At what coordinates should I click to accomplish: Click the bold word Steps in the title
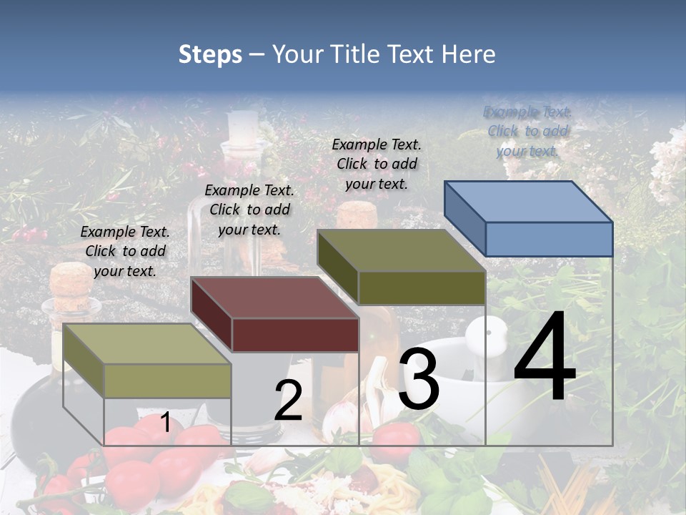(210, 54)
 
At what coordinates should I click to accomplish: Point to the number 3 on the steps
(419, 379)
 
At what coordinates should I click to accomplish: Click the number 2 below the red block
(288, 401)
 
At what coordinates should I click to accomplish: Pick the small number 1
(165, 423)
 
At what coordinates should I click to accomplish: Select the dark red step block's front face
(295, 335)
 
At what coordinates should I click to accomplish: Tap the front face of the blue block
(549, 239)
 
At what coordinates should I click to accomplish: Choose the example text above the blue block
(528, 132)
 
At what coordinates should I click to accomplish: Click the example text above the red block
(249, 210)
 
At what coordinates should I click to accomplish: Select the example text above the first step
(125, 251)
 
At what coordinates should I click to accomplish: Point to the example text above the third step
(377, 164)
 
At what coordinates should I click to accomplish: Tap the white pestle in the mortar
(489, 336)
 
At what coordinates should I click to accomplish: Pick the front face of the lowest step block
(167, 381)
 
